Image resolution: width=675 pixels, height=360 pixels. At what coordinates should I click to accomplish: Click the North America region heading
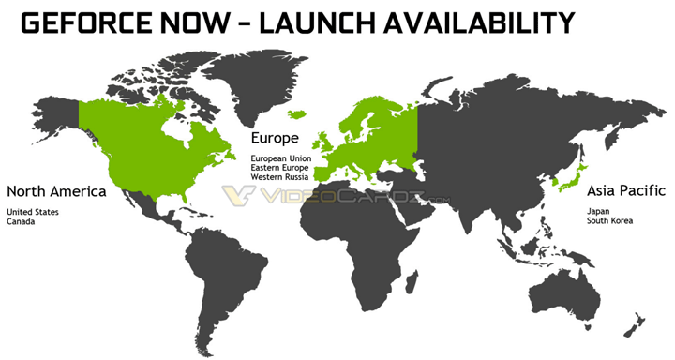pos(55,191)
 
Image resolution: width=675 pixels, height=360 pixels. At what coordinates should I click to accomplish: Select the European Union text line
pos(281,158)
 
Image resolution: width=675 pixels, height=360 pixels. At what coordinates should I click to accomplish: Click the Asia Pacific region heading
pos(623,190)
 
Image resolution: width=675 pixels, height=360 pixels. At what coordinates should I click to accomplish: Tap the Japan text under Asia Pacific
pos(598,210)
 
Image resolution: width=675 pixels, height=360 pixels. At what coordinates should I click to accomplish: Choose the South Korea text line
pos(609,220)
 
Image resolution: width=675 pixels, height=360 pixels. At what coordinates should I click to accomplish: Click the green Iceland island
pos(299,114)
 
